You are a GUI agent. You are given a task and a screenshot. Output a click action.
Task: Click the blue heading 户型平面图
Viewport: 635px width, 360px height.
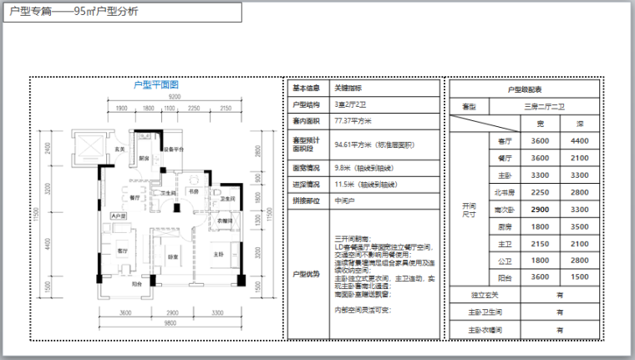tap(155, 84)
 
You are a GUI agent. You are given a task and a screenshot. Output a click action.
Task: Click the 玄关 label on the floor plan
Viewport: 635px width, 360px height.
tap(119, 149)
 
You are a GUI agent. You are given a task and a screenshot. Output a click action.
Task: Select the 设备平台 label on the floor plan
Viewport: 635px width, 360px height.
tap(174, 150)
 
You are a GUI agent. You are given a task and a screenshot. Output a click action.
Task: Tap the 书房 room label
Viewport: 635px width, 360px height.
tap(191, 192)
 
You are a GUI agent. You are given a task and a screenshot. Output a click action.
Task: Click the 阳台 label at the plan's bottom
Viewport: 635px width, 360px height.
tap(135, 284)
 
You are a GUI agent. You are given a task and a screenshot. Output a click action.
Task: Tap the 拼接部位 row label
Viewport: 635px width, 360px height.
tap(306, 200)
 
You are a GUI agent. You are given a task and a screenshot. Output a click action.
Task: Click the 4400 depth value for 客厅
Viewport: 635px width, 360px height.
tap(580, 140)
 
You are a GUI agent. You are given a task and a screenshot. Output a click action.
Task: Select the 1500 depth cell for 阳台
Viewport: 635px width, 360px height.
tap(580, 276)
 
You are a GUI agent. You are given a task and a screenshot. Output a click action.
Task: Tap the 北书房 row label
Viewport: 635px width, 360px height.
tap(504, 192)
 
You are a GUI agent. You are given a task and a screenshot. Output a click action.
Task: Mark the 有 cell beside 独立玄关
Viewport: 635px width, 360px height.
tap(559, 294)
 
